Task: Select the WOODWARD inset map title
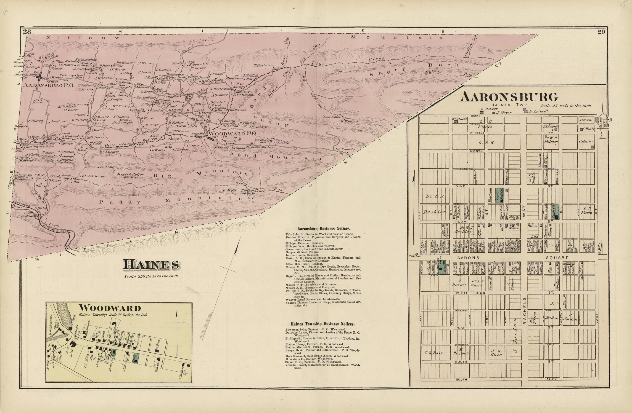pyautogui.click(x=110, y=308)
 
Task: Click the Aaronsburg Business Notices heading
pyautogui.click(x=324, y=228)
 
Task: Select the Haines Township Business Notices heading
pyautogui.click(x=322, y=324)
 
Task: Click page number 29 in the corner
pyautogui.click(x=601, y=32)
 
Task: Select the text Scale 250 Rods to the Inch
pyautogui.click(x=152, y=276)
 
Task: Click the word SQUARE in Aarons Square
pyautogui.click(x=557, y=258)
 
